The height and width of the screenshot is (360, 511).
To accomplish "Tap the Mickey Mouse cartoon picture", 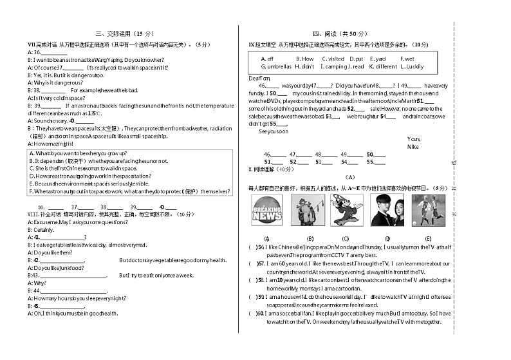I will [x=347, y=210].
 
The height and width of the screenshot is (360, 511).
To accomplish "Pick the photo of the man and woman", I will [x=387, y=210].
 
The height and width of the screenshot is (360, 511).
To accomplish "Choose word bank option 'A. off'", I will [x=267, y=59].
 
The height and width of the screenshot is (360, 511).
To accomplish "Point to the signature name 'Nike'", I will [x=413, y=146].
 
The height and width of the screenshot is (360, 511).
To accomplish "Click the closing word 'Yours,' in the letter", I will [x=414, y=138].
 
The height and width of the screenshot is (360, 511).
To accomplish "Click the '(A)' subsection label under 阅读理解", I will [x=349, y=177].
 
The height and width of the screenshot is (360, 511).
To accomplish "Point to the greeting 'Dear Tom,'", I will [x=259, y=78].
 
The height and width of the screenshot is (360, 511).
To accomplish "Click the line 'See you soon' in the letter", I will [x=274, y=131].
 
